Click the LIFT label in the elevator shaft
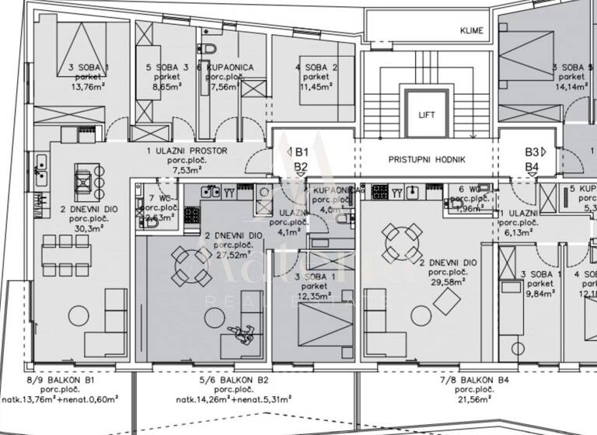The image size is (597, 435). click(x=426, y=115)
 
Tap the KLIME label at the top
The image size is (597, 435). click(x=471, y=31)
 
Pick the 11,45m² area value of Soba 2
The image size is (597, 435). click(x=315, y=88)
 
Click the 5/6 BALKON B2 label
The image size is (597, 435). click(x=234, y=381)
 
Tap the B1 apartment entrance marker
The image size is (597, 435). click(x=301, y=152)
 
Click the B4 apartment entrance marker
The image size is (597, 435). click(x=532, y=167)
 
